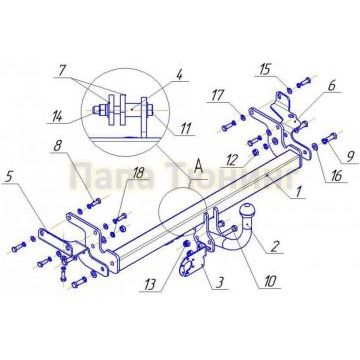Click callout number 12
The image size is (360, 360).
tap(231, 156)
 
